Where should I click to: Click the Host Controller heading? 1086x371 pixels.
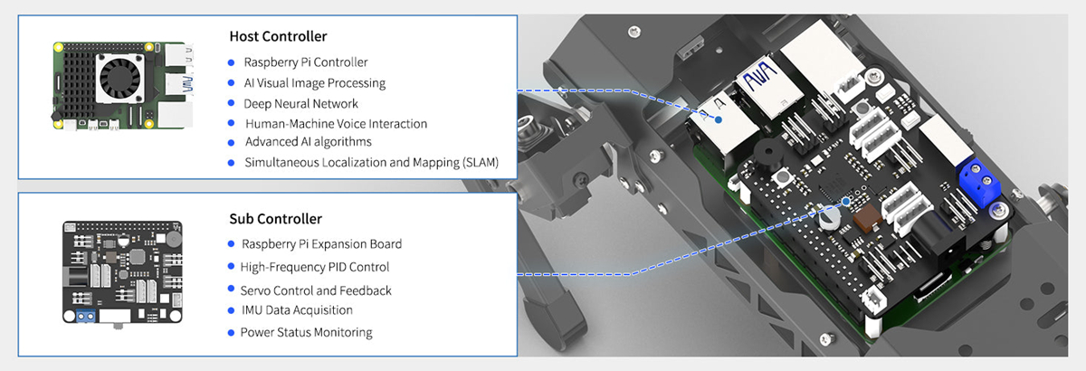(x=279, y=37)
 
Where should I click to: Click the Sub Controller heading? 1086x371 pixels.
(x=276, y=219)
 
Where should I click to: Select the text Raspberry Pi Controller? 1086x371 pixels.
(x=305, y=62)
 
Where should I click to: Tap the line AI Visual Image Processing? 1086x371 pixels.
(x=315, y=83)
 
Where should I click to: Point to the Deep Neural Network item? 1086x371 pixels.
(x=301, y=103)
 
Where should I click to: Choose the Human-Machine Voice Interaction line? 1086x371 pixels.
(x=336, y=123)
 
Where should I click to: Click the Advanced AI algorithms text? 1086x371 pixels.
(x=308, y=142)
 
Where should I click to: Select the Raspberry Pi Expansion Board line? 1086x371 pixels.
(x=321, y=244)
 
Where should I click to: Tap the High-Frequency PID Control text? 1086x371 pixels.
(x=315, y=267)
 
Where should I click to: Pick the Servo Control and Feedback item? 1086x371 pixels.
(x=316, y=290)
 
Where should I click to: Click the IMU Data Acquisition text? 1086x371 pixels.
(x=297, y=310)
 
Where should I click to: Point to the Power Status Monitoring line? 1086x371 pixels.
(x=306, y=332)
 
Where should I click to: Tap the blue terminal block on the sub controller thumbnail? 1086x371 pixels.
(x=87, y=317)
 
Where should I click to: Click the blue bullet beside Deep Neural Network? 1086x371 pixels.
(x=232, y=104)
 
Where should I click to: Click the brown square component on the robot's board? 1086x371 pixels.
(x=866, y=217)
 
